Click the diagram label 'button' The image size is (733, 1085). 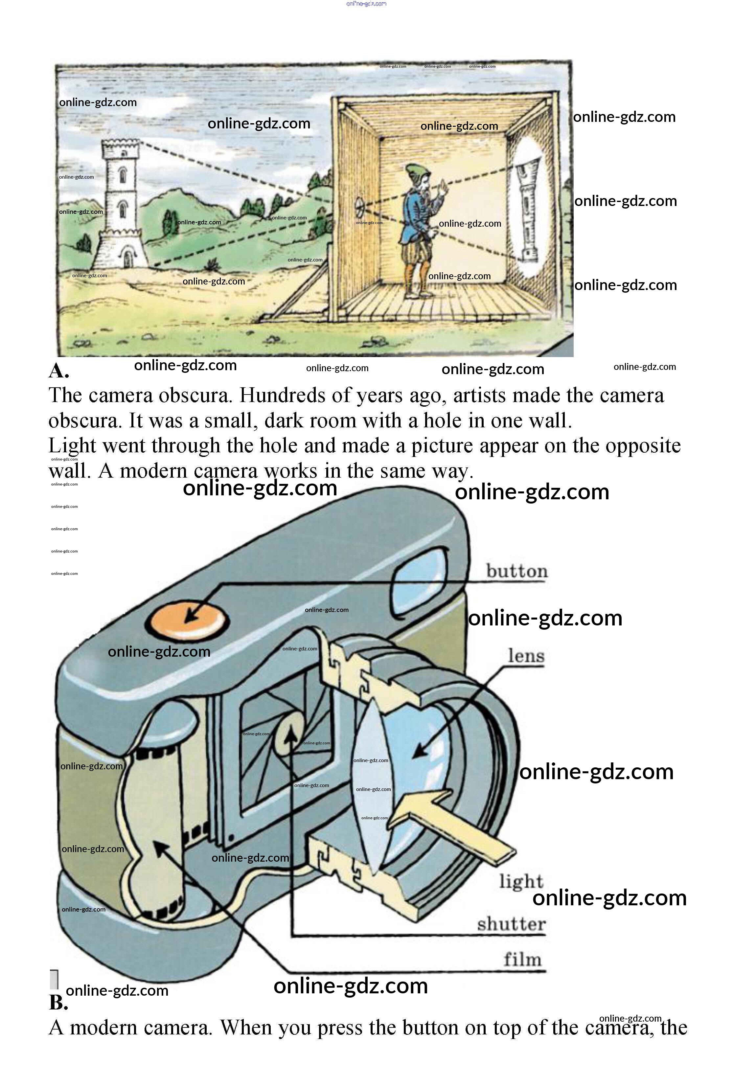(516, 571)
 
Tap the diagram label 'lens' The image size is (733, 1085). (526, 655)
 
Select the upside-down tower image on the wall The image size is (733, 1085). (529, 210)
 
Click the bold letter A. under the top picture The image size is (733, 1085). (59, 371)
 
